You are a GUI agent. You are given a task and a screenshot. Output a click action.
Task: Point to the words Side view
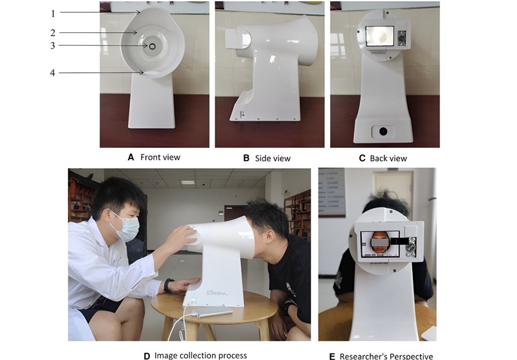[273, 158]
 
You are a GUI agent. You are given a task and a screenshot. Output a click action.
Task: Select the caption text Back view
[388, 158]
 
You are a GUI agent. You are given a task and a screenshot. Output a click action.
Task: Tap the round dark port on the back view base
[383, 131]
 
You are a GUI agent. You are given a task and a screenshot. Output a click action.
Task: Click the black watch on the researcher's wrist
[169, 285]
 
